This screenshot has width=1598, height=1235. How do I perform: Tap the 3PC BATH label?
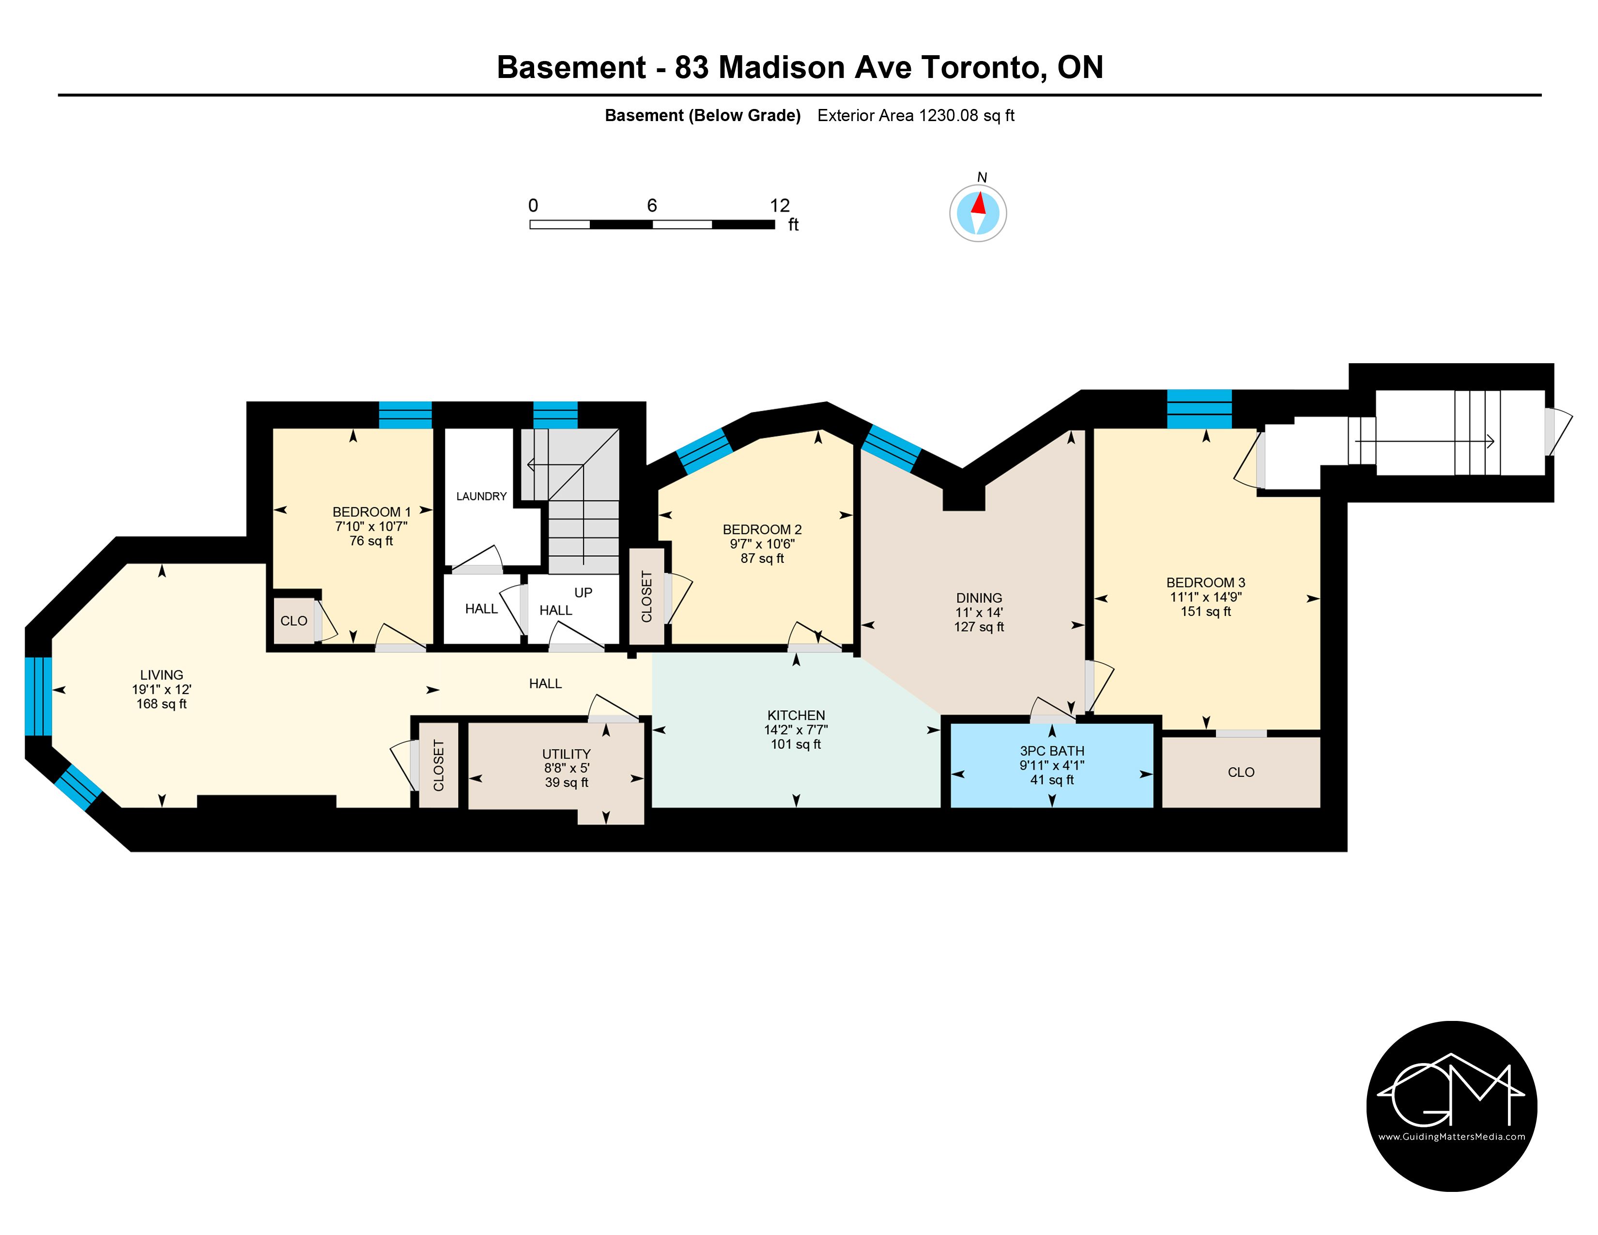point(1052,751)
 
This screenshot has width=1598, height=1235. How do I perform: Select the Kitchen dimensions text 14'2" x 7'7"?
point(796,729)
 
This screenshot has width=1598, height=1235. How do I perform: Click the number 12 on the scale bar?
point(780,205)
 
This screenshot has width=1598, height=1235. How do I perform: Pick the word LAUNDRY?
point(481,496)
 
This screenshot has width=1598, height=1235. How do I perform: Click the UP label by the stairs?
point(583,593)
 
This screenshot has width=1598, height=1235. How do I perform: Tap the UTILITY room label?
point(567,754)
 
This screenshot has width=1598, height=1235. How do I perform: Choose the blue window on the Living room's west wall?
point(38,696)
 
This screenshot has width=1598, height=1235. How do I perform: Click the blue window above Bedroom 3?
point(1199,409)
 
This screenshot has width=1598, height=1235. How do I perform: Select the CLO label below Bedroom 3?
point(1241,772)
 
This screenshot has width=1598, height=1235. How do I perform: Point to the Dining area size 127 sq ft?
point(979,627)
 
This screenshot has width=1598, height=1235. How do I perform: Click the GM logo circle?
point(1452,1106)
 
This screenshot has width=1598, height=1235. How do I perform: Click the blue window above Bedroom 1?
point(405,415)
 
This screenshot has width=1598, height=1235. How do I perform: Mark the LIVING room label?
point(162,675)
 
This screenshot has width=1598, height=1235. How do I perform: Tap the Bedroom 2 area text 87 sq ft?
point(762,558)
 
